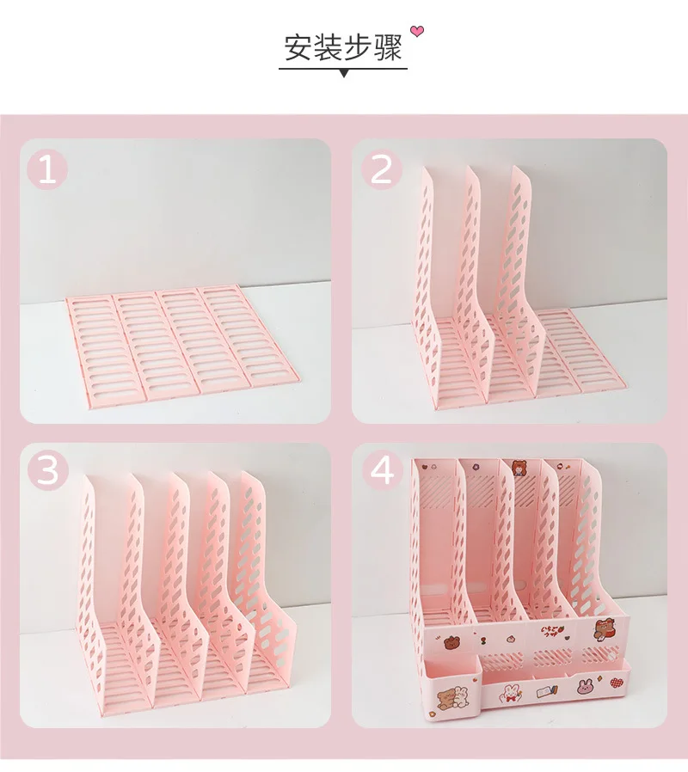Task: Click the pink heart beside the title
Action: tap(417, 32)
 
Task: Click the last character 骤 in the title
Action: tap(389, 48)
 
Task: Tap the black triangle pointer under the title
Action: tap(344, 73)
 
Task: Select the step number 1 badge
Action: tap(46, 170)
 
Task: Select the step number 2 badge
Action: tap(382, 170)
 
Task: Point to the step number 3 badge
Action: tap(48, 470)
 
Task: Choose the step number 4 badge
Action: tap(382, 470)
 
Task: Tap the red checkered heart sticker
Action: tap(616, 683)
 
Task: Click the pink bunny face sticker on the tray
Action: tap(586, 686)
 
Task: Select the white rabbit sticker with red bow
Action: tap(507, 693)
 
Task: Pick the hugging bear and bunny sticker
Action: tap(451, 697)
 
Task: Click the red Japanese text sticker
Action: tap(551, 631)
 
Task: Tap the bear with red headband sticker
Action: tap(605, 629)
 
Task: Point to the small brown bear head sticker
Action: tap(451, 643)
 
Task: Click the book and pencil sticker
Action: tap(547, 691)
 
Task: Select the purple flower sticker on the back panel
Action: tap(476, 465)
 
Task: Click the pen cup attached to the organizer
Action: tap(452, 689)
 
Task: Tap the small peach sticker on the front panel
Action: tap(511, 640)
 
